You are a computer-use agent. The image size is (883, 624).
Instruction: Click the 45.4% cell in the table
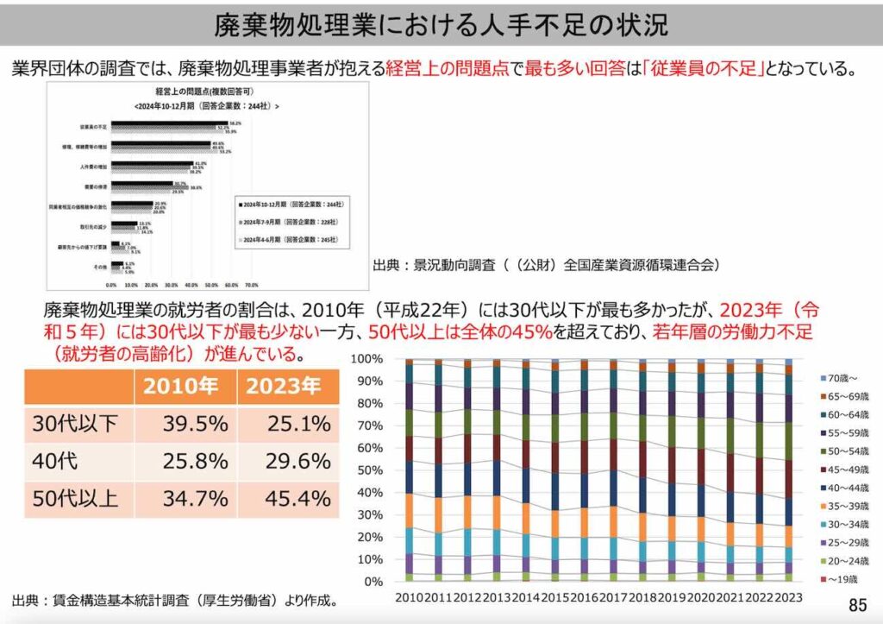(288, 498)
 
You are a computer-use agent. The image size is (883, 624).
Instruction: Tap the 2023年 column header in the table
(288, 386)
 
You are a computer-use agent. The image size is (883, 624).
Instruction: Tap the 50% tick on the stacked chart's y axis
(369, 470)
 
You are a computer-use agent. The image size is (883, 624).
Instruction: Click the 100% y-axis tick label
(366, 358)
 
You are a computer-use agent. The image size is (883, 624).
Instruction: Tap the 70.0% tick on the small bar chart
(252, 283)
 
